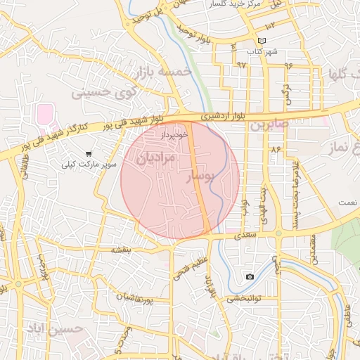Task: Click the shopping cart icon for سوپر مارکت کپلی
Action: tap(89, 153)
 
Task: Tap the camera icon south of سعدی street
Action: tap(250, 277)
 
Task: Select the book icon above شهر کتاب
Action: tap(262, 41)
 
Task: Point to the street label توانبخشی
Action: tap(243, 298)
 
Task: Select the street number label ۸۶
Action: tap(274, 149)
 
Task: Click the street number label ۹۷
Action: tap(241, 65)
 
